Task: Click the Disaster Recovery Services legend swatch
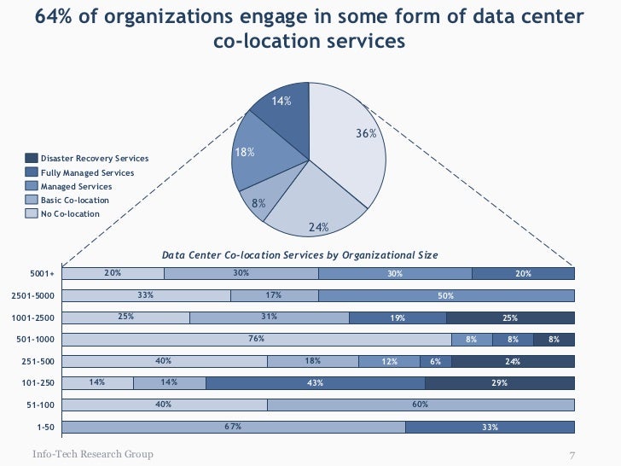(x=32, y=159)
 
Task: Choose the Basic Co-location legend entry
(x=74, y=200)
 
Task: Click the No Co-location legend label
(x=70, y=213)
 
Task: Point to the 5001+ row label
(x=42, y=274)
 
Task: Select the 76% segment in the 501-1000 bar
(x=255, y=339)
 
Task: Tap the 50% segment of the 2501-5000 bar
(x=446, y=295)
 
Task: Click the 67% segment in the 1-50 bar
(x=233, y=427)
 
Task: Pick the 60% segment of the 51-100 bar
(x=421, y=405)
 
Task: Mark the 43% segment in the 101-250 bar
(x=315, y=383)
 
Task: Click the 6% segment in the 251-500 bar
(x=435, y=361)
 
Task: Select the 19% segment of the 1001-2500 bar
(x=398, y=317)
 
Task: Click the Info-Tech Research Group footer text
(x=93, y=453)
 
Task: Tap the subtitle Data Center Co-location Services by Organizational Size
(x=299, y=255)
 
